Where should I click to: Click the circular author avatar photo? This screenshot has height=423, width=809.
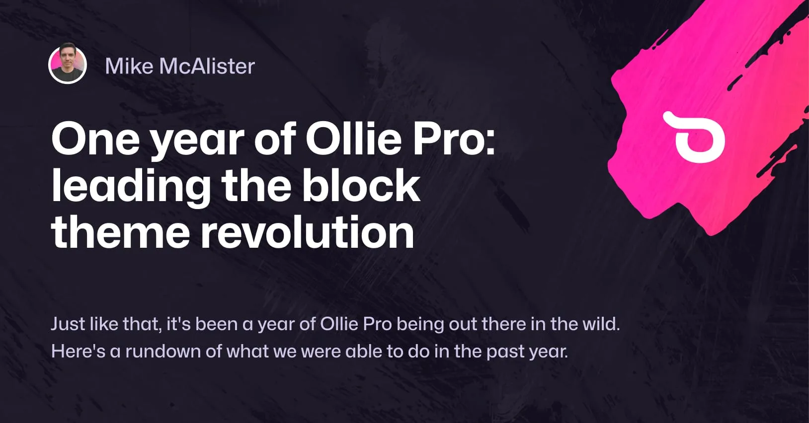(x=68, y=65)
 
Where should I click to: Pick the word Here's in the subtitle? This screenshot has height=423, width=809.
(x=78, y=352)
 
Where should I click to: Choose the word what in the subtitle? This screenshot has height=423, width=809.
(x=244, y=352)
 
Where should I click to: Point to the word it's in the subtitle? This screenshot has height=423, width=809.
(x=178, y=324)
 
